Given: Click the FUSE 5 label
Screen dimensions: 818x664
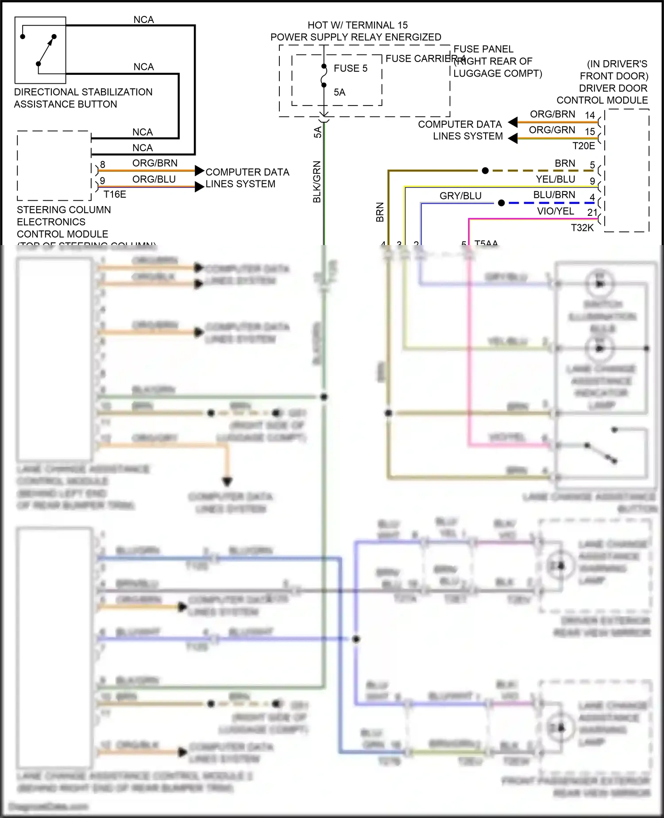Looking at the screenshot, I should [x=350, y=68].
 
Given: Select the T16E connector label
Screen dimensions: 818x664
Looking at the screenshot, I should [x=115, y=195].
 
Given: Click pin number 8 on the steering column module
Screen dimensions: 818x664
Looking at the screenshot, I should [x=103, y=165].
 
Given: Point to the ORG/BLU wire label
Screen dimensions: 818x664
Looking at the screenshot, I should [x=154, y=179].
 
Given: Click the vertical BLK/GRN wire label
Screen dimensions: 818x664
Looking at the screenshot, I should [x=317, y=182].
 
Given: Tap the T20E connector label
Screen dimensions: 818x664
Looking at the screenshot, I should [x=583, y=146].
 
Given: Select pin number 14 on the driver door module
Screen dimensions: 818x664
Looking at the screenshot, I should [x=590, y=115].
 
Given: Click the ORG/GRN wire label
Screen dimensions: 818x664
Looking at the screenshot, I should [x=552, y=130].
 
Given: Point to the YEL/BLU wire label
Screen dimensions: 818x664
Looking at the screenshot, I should [x=555, y=179].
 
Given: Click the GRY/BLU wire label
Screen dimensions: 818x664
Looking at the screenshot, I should [x=460, y=196].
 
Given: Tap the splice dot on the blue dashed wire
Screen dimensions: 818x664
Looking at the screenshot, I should [x=501, y=203].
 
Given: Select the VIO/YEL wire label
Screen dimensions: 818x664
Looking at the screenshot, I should [x=555, y=211].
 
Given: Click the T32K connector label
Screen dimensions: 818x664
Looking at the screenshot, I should [x=582, y=228].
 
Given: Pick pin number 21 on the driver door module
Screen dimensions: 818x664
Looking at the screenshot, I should [x=592, y=213].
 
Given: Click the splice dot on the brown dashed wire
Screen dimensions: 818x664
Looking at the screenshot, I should [x=485, y=171].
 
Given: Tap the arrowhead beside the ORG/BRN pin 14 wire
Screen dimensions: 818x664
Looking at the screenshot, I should [x=513, y=122].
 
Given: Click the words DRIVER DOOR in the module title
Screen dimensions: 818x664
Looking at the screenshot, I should [x=613, y=88].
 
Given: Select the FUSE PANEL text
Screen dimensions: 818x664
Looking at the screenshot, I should [x=483, y=49].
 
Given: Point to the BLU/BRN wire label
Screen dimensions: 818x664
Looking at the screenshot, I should [x=554, y=195].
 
